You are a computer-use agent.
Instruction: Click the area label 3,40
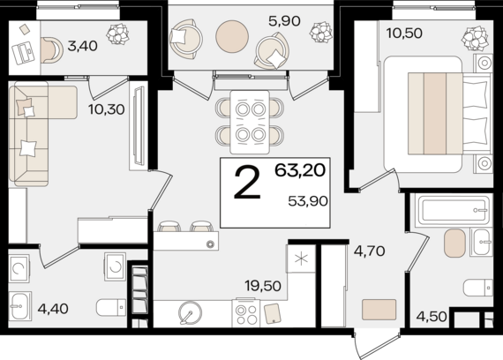click(x=82, y=46)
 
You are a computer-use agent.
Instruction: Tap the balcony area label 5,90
click(x=284, y=21)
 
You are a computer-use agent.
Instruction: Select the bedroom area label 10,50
click(x=404, y=33)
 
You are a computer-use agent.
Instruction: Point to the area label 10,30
click(x=107, y=109)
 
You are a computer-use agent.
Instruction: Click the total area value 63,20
click(x=300, y=170)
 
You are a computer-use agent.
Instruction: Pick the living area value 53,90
click(x=308, y=201)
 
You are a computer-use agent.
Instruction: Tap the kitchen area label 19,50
click(x=263, y=286)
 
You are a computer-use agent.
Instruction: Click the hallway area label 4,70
click(x=369, y=251)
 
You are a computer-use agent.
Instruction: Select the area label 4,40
click(x=53, y=309)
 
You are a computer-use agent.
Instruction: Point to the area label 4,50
click(x=432, y=317)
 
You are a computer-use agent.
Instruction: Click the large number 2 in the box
click(x=247, y=184)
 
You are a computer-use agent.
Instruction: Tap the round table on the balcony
click(x=232, y=36)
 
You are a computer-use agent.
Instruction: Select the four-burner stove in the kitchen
click(x=246, y=313)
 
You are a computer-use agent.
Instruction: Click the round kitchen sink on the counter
click(x=191, y=312)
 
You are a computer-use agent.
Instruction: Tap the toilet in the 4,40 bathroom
click(x=111, y=307)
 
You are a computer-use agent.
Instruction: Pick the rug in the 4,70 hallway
click(x=379, y=310)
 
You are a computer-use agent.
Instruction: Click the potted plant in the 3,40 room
click(x=117, y=34)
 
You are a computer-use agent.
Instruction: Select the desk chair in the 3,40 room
click(x=52, y=49)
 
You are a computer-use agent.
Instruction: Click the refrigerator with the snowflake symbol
click(x=302, y=259)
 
